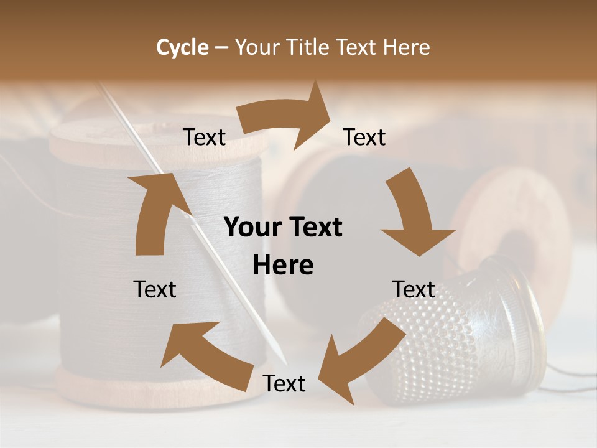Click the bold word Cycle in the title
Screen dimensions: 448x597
182,47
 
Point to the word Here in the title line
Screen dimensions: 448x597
406,47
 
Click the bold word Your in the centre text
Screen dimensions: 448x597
252,228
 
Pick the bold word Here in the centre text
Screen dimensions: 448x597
283,266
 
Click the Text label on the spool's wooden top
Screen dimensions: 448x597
205,138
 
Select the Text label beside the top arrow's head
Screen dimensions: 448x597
364,138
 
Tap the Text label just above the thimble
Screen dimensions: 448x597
414,289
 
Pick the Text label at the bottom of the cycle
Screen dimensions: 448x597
284,383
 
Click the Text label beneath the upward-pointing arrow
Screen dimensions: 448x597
155,289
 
